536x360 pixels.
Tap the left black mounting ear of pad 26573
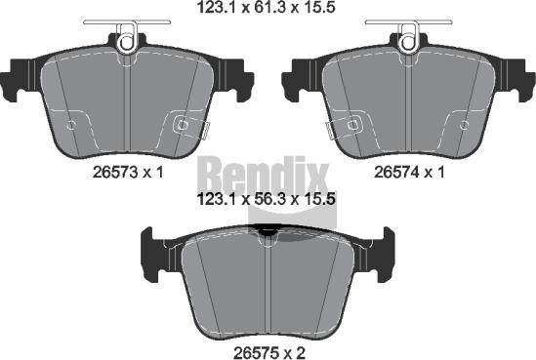point(23,78)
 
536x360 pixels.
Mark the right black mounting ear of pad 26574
point(511,78)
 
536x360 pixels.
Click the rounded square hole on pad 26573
point(181,124)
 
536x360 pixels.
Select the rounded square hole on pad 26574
point(353,124)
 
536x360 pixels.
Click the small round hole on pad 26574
point(465,125)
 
